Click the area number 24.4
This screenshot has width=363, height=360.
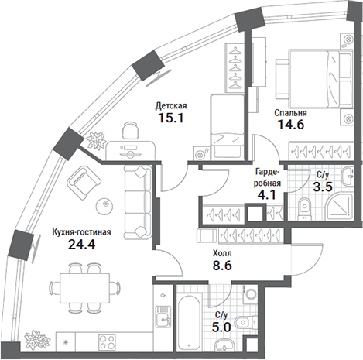click(81, 244)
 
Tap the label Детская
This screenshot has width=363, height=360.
click(171, 106)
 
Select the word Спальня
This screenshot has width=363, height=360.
click(290, 113)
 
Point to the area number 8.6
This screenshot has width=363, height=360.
click(222, 265)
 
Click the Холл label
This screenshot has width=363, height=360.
click(222, 253)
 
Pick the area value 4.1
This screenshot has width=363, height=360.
click(267, 195)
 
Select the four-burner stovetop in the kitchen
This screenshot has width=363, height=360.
click(107, 341)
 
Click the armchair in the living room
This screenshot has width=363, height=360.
click(84, 183)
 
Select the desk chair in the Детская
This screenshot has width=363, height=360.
click(130, 131)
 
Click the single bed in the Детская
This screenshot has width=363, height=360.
click(227, 126)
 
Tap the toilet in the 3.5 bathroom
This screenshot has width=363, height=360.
click(305, 208)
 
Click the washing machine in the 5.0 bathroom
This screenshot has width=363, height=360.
click(250, 293)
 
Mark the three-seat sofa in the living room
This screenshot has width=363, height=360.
click(137, 201)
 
